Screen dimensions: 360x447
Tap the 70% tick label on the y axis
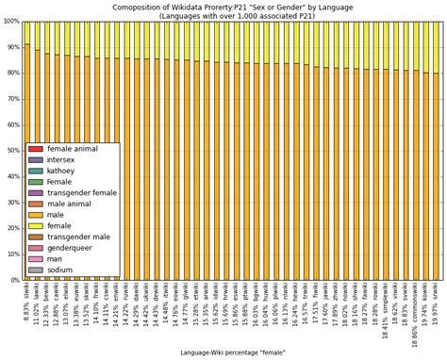point(9,99)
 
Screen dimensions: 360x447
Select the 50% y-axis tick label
point(9,150)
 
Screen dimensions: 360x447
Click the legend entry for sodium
point(59,270)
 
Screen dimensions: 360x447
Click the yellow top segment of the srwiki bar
point(435,47)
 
